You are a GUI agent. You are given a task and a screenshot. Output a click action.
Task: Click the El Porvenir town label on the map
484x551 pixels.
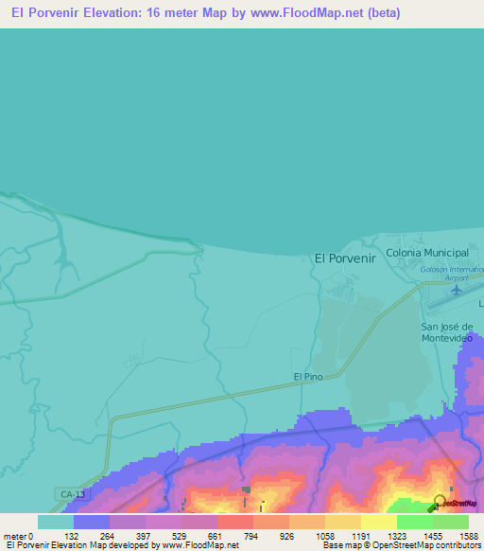pos(345,258)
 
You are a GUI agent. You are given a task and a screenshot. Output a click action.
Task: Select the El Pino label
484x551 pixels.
pos(307,377)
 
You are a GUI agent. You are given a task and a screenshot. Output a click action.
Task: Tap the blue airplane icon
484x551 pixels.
pos(457,290)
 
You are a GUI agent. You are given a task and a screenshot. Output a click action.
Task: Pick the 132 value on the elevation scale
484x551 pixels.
pos(92,536)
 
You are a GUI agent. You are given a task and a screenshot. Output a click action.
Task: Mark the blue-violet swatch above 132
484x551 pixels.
pos(92,522)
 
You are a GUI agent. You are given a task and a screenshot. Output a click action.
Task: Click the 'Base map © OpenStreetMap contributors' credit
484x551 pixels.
pos(400,546)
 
